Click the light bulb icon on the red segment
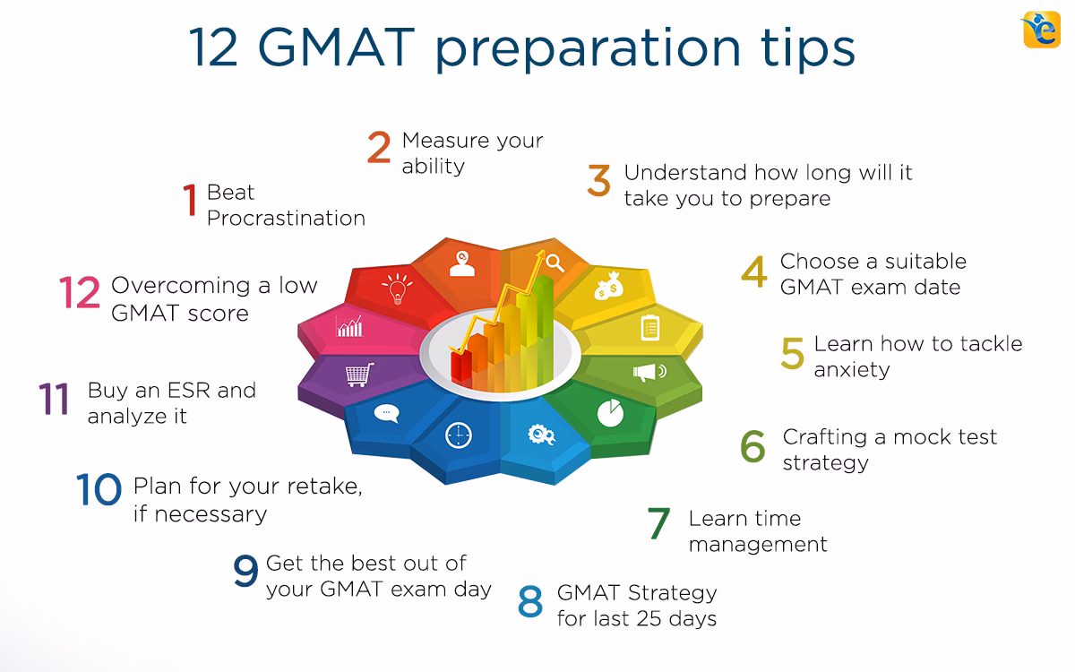coord(396,289)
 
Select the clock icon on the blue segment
coord(458,435)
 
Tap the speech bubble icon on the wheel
coord(386,413)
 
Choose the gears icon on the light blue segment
coord(542,435)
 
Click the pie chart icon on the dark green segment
coord(610,412)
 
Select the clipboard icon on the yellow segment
coord(649,327)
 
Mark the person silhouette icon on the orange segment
coord(462,263)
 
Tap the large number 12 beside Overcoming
coord(80,293)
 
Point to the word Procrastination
coord(286,218)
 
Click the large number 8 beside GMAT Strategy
coord(530,603)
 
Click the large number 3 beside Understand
coord(599,180)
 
